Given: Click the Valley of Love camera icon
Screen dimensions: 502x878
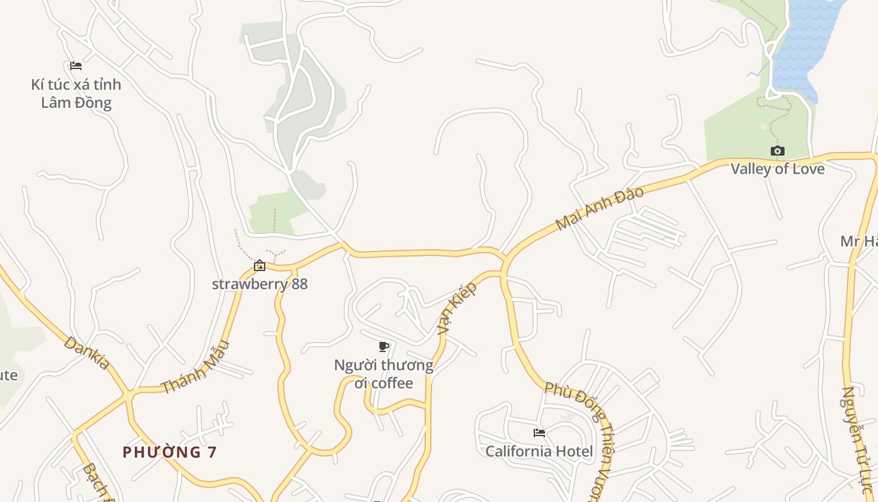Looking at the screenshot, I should [777, 151].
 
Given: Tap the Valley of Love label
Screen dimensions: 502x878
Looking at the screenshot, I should [778, 169].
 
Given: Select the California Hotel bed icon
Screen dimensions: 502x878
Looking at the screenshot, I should [539, 432].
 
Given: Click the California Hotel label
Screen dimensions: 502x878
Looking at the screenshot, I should [539, 451].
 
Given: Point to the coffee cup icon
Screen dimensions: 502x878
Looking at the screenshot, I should [384, 346].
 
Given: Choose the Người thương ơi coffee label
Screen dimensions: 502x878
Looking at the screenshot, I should [383, 374].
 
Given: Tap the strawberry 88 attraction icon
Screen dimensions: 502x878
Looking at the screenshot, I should [259, 265].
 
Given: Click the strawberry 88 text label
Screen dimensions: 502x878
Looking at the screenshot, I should [260, 284].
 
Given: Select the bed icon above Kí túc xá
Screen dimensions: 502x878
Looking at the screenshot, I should [76, 66].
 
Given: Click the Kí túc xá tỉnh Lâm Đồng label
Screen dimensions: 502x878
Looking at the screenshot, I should [76, 93].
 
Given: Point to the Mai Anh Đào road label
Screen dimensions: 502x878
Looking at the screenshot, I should [600, 208].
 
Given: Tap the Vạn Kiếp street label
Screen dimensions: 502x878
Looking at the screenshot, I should [457, 307].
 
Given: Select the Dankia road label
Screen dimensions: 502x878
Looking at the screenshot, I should [87, 353].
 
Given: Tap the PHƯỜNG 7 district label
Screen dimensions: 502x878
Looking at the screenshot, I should [169, 452].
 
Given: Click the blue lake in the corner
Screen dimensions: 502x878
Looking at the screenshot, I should [803, 44].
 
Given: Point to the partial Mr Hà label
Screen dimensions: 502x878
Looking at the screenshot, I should [859, 242].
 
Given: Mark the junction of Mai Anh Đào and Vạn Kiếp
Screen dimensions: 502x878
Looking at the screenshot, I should [503, 259].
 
